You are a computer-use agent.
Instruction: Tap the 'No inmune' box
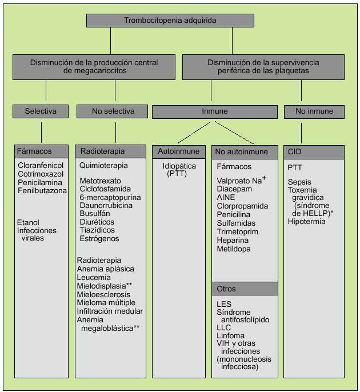point(314,111)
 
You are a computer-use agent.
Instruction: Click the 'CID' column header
point(314,152)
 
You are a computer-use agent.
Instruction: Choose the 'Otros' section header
point(245,289)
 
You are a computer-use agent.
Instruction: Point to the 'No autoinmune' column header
point(245,152)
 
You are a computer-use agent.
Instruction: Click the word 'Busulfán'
point(94,214)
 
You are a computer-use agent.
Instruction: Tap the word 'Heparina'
point(233,241)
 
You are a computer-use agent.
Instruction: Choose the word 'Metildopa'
point(233,249)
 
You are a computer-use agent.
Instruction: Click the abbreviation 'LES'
point(224,304)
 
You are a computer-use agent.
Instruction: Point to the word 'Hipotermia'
point(307,221)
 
